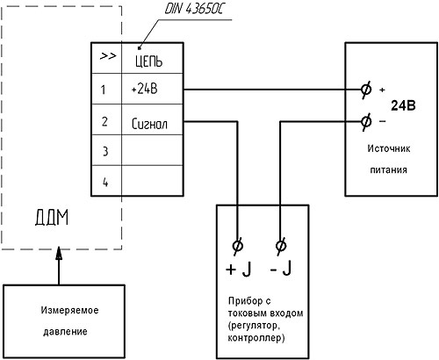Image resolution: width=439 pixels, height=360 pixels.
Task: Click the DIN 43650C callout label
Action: click(x=194, y=9)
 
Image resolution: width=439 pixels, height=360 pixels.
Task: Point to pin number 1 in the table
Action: click(x=103, y=90)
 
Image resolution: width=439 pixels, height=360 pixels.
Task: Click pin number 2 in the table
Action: click(x=104, y=121)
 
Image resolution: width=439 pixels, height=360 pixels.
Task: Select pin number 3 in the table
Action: click(x=105, y=151)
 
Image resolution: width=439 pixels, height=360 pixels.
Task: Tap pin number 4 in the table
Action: click(x=105, y=183)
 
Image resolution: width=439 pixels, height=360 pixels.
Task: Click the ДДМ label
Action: click(x=52, y=218)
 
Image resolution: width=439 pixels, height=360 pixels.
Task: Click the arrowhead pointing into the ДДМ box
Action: click(x=59, y=253)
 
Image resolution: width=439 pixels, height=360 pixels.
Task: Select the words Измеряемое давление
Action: click(x=69, y=320)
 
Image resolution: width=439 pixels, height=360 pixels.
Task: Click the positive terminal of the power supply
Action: click(x=366, y=90)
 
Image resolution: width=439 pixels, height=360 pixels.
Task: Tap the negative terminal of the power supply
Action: click(x=366, y=121)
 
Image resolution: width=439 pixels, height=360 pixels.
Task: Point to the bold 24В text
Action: click(x=403, y=105)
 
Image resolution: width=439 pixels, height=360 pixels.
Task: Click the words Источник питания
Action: click(x=389, y=159)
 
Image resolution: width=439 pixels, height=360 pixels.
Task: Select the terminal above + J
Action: click(x=237, y=245)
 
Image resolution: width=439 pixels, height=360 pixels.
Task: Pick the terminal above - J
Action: click(x=281, y=245)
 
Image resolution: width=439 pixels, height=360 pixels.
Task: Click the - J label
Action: click(x=281, y=269)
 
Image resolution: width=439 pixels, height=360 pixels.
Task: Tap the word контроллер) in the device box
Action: click(x=256, y=338)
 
